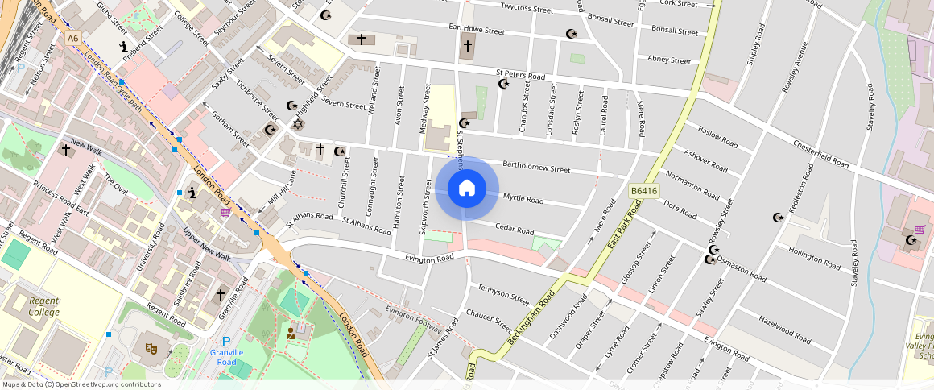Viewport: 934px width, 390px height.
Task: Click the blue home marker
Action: point(466,189)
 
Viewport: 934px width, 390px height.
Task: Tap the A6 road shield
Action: point(73,38)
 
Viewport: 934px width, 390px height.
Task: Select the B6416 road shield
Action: point(643,191)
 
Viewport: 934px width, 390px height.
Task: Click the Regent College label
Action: point(44,306)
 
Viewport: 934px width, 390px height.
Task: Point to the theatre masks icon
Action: point(151,348)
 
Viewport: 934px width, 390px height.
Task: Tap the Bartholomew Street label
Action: point(536,169)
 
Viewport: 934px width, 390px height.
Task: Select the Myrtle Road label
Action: point(523,197)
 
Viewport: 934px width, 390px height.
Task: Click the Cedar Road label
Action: point(515,230)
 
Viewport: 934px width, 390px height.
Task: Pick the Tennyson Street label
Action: point(503,294)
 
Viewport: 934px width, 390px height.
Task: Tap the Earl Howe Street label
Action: point(476,30)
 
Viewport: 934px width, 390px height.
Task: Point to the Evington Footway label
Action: point(414,320)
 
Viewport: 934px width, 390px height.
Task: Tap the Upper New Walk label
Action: point(207,246)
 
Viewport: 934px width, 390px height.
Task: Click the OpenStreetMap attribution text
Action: point(81,384)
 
